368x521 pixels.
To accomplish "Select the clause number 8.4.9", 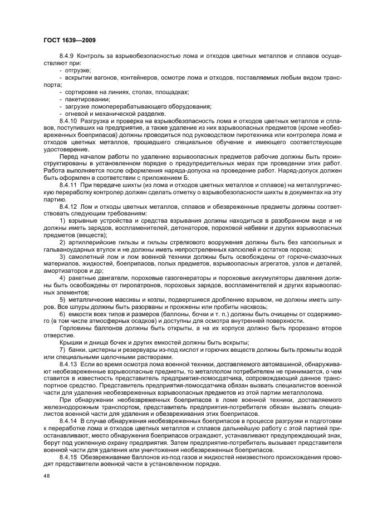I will coord(67,57).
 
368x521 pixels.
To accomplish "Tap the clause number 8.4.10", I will coord(68,120).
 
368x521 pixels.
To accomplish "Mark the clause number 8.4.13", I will coord(68,363).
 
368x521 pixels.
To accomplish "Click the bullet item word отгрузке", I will coord(77,70).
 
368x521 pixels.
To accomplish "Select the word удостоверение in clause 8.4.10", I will coord(67,149).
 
